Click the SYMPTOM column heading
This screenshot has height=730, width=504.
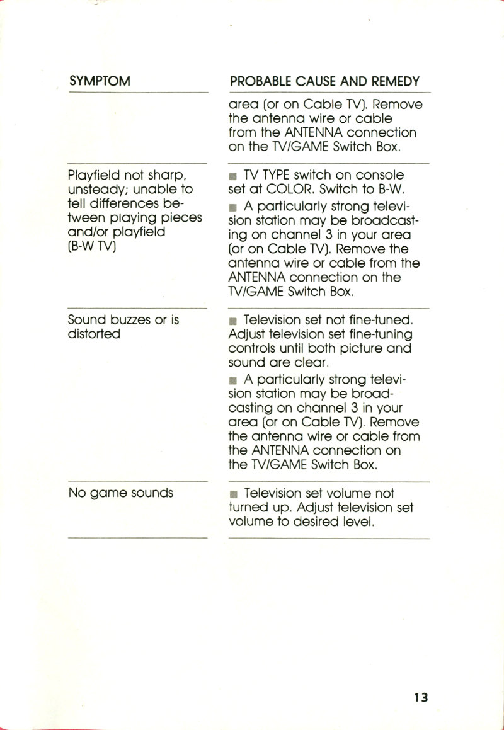click(x=100, y=81)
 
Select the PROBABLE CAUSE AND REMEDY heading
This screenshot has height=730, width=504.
click(x=325, y=81)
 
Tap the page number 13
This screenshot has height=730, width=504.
click(x=421, y=697)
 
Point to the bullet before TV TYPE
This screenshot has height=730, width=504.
click(x=234, y=175)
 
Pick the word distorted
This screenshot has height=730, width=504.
click(x=94, y=334)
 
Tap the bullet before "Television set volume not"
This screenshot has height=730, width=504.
click(x=234, y=494)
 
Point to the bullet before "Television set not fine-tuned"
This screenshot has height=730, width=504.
click(x=234, y=321)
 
